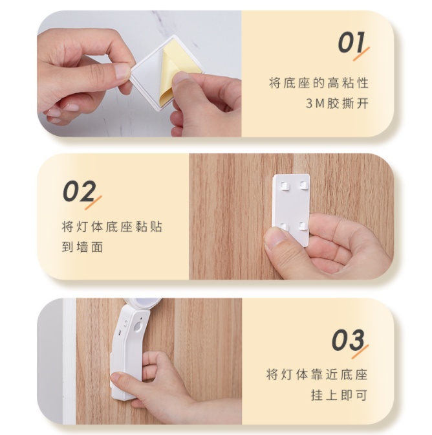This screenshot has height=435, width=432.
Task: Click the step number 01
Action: point(351,42)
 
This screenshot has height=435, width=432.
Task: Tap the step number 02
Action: point(80,191)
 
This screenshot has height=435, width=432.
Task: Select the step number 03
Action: point(348,340)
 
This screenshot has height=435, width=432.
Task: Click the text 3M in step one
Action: point(315,104)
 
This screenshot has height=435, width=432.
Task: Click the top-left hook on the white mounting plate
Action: point(285,186)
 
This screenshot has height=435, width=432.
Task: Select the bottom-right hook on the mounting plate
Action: point(303,227)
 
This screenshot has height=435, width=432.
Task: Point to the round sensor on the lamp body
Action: point(138,327)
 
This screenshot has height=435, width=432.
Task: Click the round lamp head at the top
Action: point(145,304)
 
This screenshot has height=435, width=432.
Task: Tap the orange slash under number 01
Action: point(361,54)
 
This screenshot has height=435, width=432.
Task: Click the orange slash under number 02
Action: point(93,203)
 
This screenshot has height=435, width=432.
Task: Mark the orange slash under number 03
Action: point(360,351)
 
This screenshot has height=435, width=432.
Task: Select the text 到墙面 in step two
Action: point(82,247)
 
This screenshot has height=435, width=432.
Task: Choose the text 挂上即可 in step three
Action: point(339,395)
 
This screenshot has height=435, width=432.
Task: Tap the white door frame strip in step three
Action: point(69,361)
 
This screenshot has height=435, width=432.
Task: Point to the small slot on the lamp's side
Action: point(119,332)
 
